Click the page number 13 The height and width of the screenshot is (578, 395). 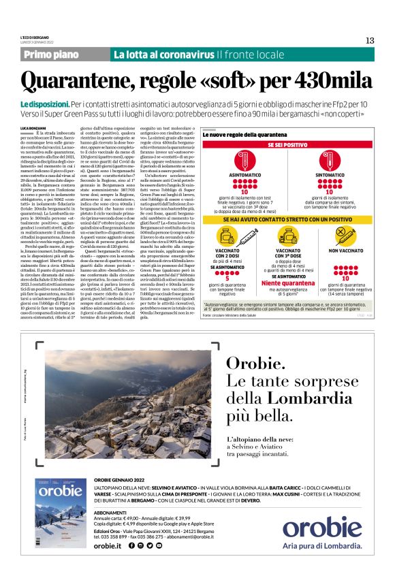[369, 40]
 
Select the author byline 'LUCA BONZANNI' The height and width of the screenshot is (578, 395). [33, 129]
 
